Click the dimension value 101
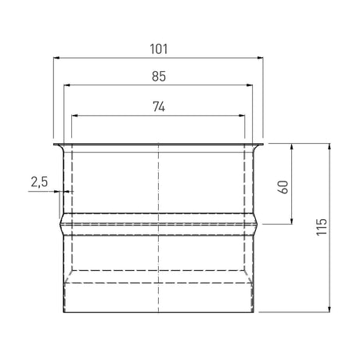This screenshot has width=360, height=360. pos(159,49)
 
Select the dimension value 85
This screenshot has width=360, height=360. pos(159,76)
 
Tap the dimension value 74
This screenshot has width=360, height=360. pos(159,106)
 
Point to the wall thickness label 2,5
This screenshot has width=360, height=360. pos(39,182)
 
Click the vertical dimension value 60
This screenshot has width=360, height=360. pos(283,187)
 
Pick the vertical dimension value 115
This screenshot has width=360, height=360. pos(322,227)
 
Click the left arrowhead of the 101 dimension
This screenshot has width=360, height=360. pos(56,58)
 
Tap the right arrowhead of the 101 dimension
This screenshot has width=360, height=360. pos(260,58)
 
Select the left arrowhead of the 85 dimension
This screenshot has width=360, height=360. pos(67,85)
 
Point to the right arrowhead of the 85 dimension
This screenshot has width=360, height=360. pos(250,85)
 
